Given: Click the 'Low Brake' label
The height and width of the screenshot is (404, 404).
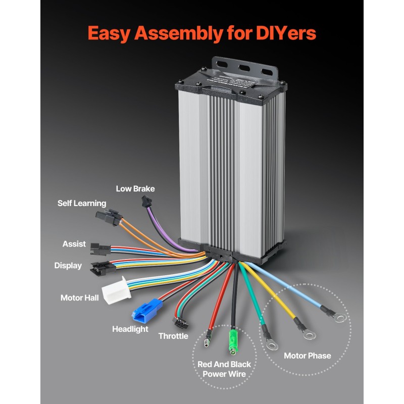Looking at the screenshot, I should (135, 189).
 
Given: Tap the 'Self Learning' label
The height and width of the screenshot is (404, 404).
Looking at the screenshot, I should (81, 203).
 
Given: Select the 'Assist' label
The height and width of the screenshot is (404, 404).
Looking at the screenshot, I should (74, 244).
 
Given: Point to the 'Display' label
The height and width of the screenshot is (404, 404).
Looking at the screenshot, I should (68, 266).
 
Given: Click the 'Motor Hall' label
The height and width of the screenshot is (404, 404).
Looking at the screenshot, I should (80, 298).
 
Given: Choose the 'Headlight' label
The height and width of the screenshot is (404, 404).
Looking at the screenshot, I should (130, 329).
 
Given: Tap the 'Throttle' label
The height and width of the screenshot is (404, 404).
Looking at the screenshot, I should (173, 336).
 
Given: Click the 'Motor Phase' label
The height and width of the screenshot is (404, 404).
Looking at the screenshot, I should (307, 356).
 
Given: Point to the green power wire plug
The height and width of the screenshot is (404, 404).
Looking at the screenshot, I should (233, 341).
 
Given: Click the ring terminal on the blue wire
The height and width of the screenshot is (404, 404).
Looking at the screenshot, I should (340, 318).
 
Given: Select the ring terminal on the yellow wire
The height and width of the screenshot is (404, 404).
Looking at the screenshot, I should (305, 332).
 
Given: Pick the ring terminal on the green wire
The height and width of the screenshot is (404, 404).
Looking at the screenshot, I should (272, 344).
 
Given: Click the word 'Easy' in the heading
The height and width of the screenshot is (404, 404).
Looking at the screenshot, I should (109, 33).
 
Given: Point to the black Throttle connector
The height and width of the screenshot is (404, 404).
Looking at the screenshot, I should (178, 321).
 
